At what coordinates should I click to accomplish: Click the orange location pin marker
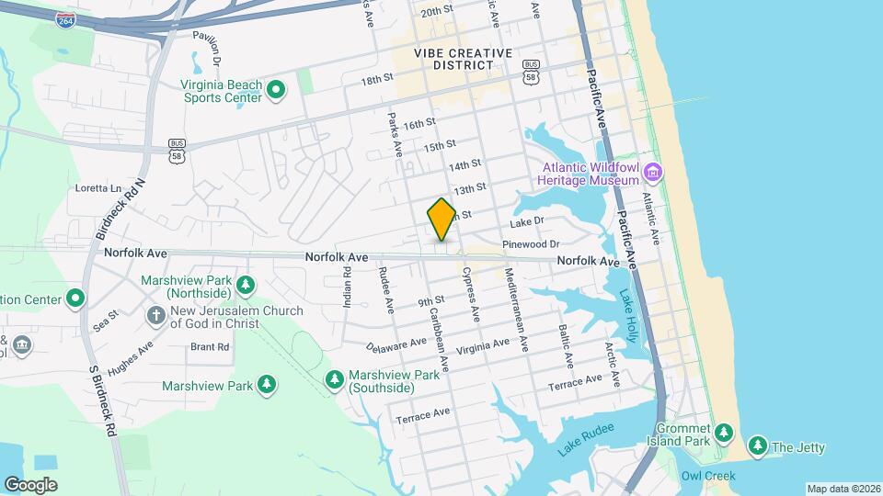441,219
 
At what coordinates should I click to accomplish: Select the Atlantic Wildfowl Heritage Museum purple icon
653,173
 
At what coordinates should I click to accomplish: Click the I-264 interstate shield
65,20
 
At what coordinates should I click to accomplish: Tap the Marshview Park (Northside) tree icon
246,285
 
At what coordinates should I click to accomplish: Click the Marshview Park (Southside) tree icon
335,380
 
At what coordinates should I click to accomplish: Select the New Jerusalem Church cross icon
156,316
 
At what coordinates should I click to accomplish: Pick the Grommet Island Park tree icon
724,433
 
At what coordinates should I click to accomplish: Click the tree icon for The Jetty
757,447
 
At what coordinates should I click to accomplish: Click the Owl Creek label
705,476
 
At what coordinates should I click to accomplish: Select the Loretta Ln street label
98,188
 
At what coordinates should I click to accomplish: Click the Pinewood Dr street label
531,244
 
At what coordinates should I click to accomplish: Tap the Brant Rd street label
209,347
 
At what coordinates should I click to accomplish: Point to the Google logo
30,484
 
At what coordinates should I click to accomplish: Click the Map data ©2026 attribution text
843,489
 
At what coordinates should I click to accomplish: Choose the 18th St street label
377,80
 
